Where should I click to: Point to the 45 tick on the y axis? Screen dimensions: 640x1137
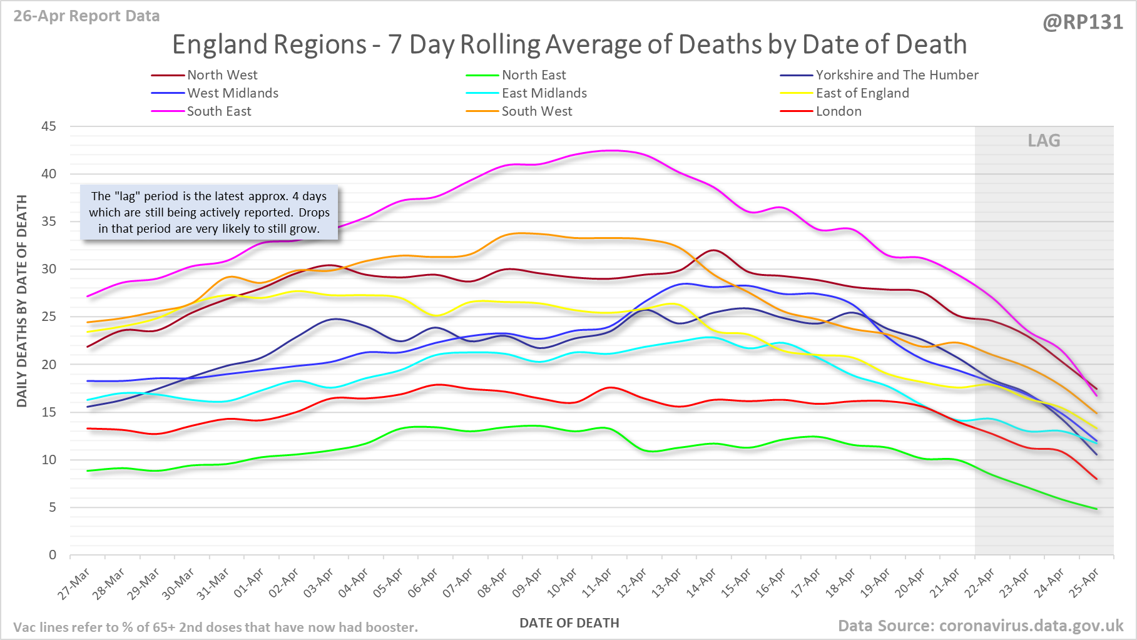coord(49,126)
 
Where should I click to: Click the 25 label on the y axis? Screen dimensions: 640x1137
coord(49,317)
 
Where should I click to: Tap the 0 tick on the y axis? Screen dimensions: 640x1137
coord(53,555)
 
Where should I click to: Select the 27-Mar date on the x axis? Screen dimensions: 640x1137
coord(74,584)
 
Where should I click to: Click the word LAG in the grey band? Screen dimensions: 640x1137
coord(1044,141)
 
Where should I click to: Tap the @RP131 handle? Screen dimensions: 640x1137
coord(1083,23)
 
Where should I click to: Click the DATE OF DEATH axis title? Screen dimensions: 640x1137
coord(569,623)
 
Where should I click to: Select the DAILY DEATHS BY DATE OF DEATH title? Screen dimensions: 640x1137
coord(22,301)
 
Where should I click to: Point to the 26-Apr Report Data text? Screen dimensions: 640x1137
coord(86,16)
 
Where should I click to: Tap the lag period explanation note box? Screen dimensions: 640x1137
coord(209,213)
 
